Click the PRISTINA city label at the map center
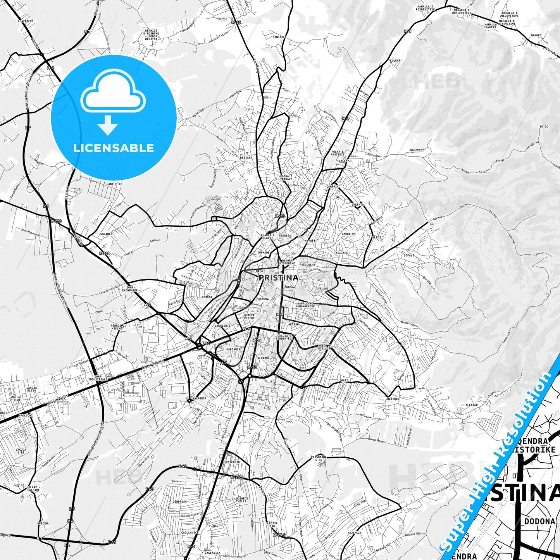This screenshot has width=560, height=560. click(x=278, y=277)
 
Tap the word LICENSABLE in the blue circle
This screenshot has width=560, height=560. click(x=114, y=148)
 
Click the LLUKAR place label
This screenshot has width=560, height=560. click(x=395, y=60)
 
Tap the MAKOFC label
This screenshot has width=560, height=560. click(x=536, y=35)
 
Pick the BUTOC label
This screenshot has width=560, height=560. click(x=544, y=126)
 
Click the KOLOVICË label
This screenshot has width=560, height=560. click(x=417, y=150)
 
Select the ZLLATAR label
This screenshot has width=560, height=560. click(x=472, y=405)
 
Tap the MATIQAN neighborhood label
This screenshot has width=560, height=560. click(x=393, y=399)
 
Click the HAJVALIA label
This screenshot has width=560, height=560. click(x=354, y=532)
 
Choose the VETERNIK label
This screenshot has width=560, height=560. click(x=233, y=462)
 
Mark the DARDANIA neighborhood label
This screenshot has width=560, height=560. click(x=233, y=349)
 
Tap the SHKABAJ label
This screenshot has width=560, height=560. click(x=106, y=234)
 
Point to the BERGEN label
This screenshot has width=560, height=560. click(x=43, y=523)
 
